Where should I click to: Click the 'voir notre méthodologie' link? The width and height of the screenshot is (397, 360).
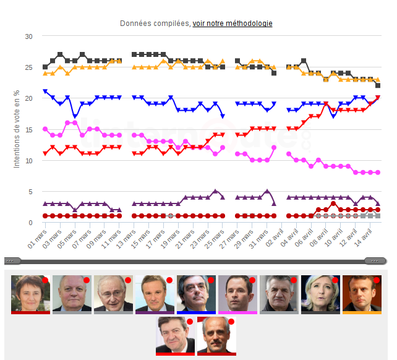233,24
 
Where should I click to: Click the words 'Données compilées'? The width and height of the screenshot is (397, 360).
155,24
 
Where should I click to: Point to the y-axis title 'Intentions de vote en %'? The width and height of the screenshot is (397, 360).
17,129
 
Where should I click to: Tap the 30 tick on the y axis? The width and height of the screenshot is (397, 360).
28,36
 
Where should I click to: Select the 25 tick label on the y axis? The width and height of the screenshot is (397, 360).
28,67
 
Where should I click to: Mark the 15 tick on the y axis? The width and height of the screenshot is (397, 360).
28,129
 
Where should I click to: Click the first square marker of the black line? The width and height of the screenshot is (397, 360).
45,67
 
